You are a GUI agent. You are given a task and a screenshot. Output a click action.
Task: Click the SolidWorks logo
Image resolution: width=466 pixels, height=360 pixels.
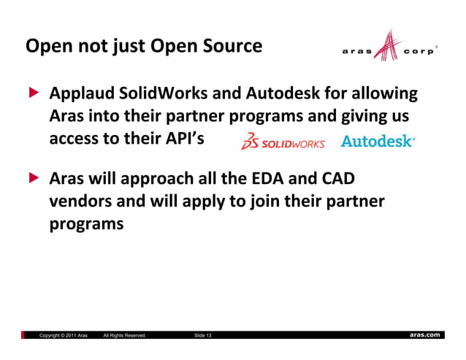point(283,141)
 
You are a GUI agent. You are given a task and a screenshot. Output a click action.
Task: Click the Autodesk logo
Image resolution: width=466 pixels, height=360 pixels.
point(378,141)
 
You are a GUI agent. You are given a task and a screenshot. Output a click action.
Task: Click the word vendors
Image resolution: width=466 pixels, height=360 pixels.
point(81,201)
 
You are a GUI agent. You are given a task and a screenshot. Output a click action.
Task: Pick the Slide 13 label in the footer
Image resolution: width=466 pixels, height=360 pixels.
point(203,335)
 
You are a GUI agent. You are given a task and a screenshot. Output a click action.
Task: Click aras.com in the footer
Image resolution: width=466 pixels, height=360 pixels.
point(424,334)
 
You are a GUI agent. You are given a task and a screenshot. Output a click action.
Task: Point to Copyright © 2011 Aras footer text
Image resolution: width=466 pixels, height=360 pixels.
point(64,335)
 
